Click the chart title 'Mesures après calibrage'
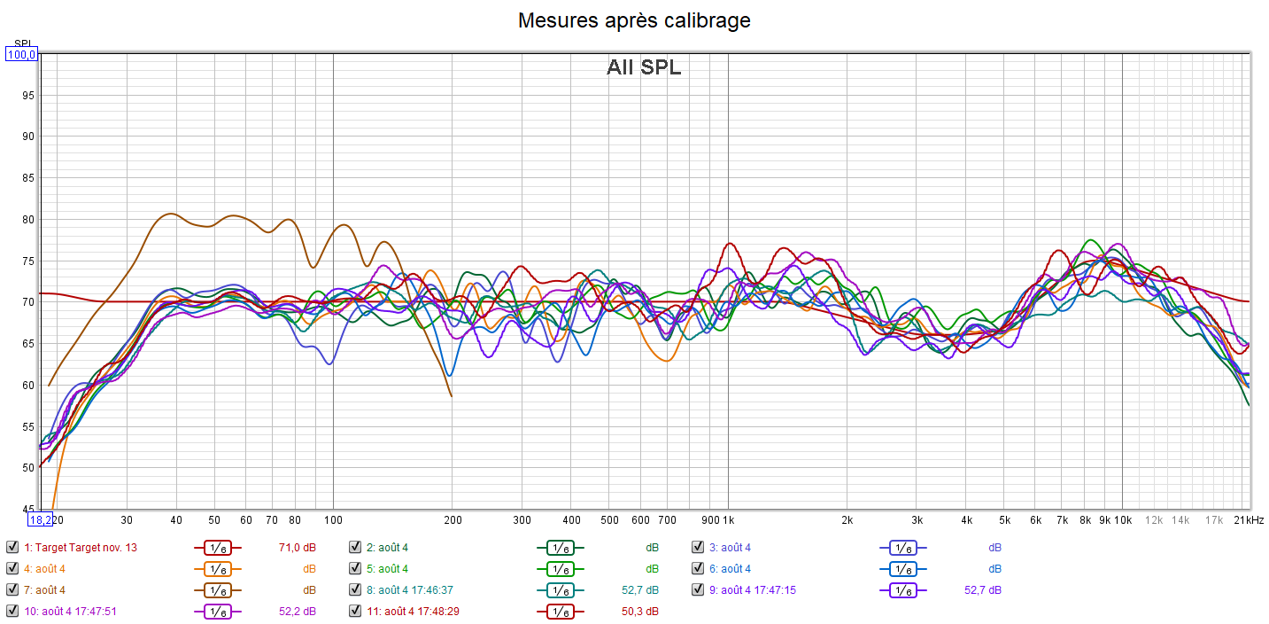click(634, 20)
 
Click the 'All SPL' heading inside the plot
click(644, 67)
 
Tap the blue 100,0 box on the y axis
click(21, 55)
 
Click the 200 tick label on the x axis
click(452, 520)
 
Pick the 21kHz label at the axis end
click(1249, 520)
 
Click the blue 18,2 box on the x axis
click(40, 520)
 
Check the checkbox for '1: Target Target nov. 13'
click(12, 547)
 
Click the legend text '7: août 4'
click(44, 589)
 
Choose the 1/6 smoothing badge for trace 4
click(217, 569)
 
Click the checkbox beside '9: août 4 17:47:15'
click(698, 589)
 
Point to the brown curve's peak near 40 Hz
click(170, 214)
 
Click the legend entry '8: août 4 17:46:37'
click(415, 589)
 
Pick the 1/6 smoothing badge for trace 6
click(902, 569)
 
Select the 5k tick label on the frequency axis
click(1004, 520)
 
